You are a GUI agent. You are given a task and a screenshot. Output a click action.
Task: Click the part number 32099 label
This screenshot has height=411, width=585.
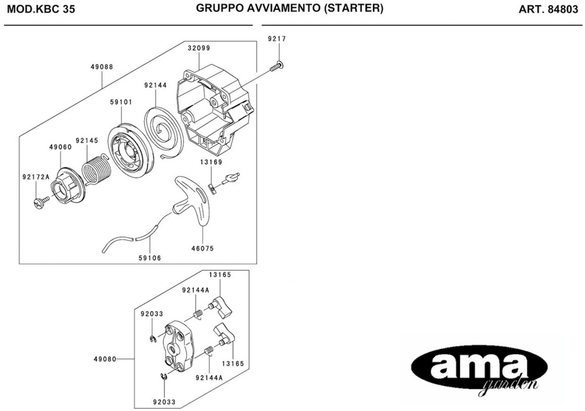(x=199, y=48)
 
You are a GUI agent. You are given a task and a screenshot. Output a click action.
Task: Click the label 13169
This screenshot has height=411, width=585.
(x=211, y=162)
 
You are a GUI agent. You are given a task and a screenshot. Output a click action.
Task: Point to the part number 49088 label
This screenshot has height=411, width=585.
(x=102, y=67)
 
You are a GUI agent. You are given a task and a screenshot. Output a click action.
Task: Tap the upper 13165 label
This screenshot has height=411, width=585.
(x=220, y=275)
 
